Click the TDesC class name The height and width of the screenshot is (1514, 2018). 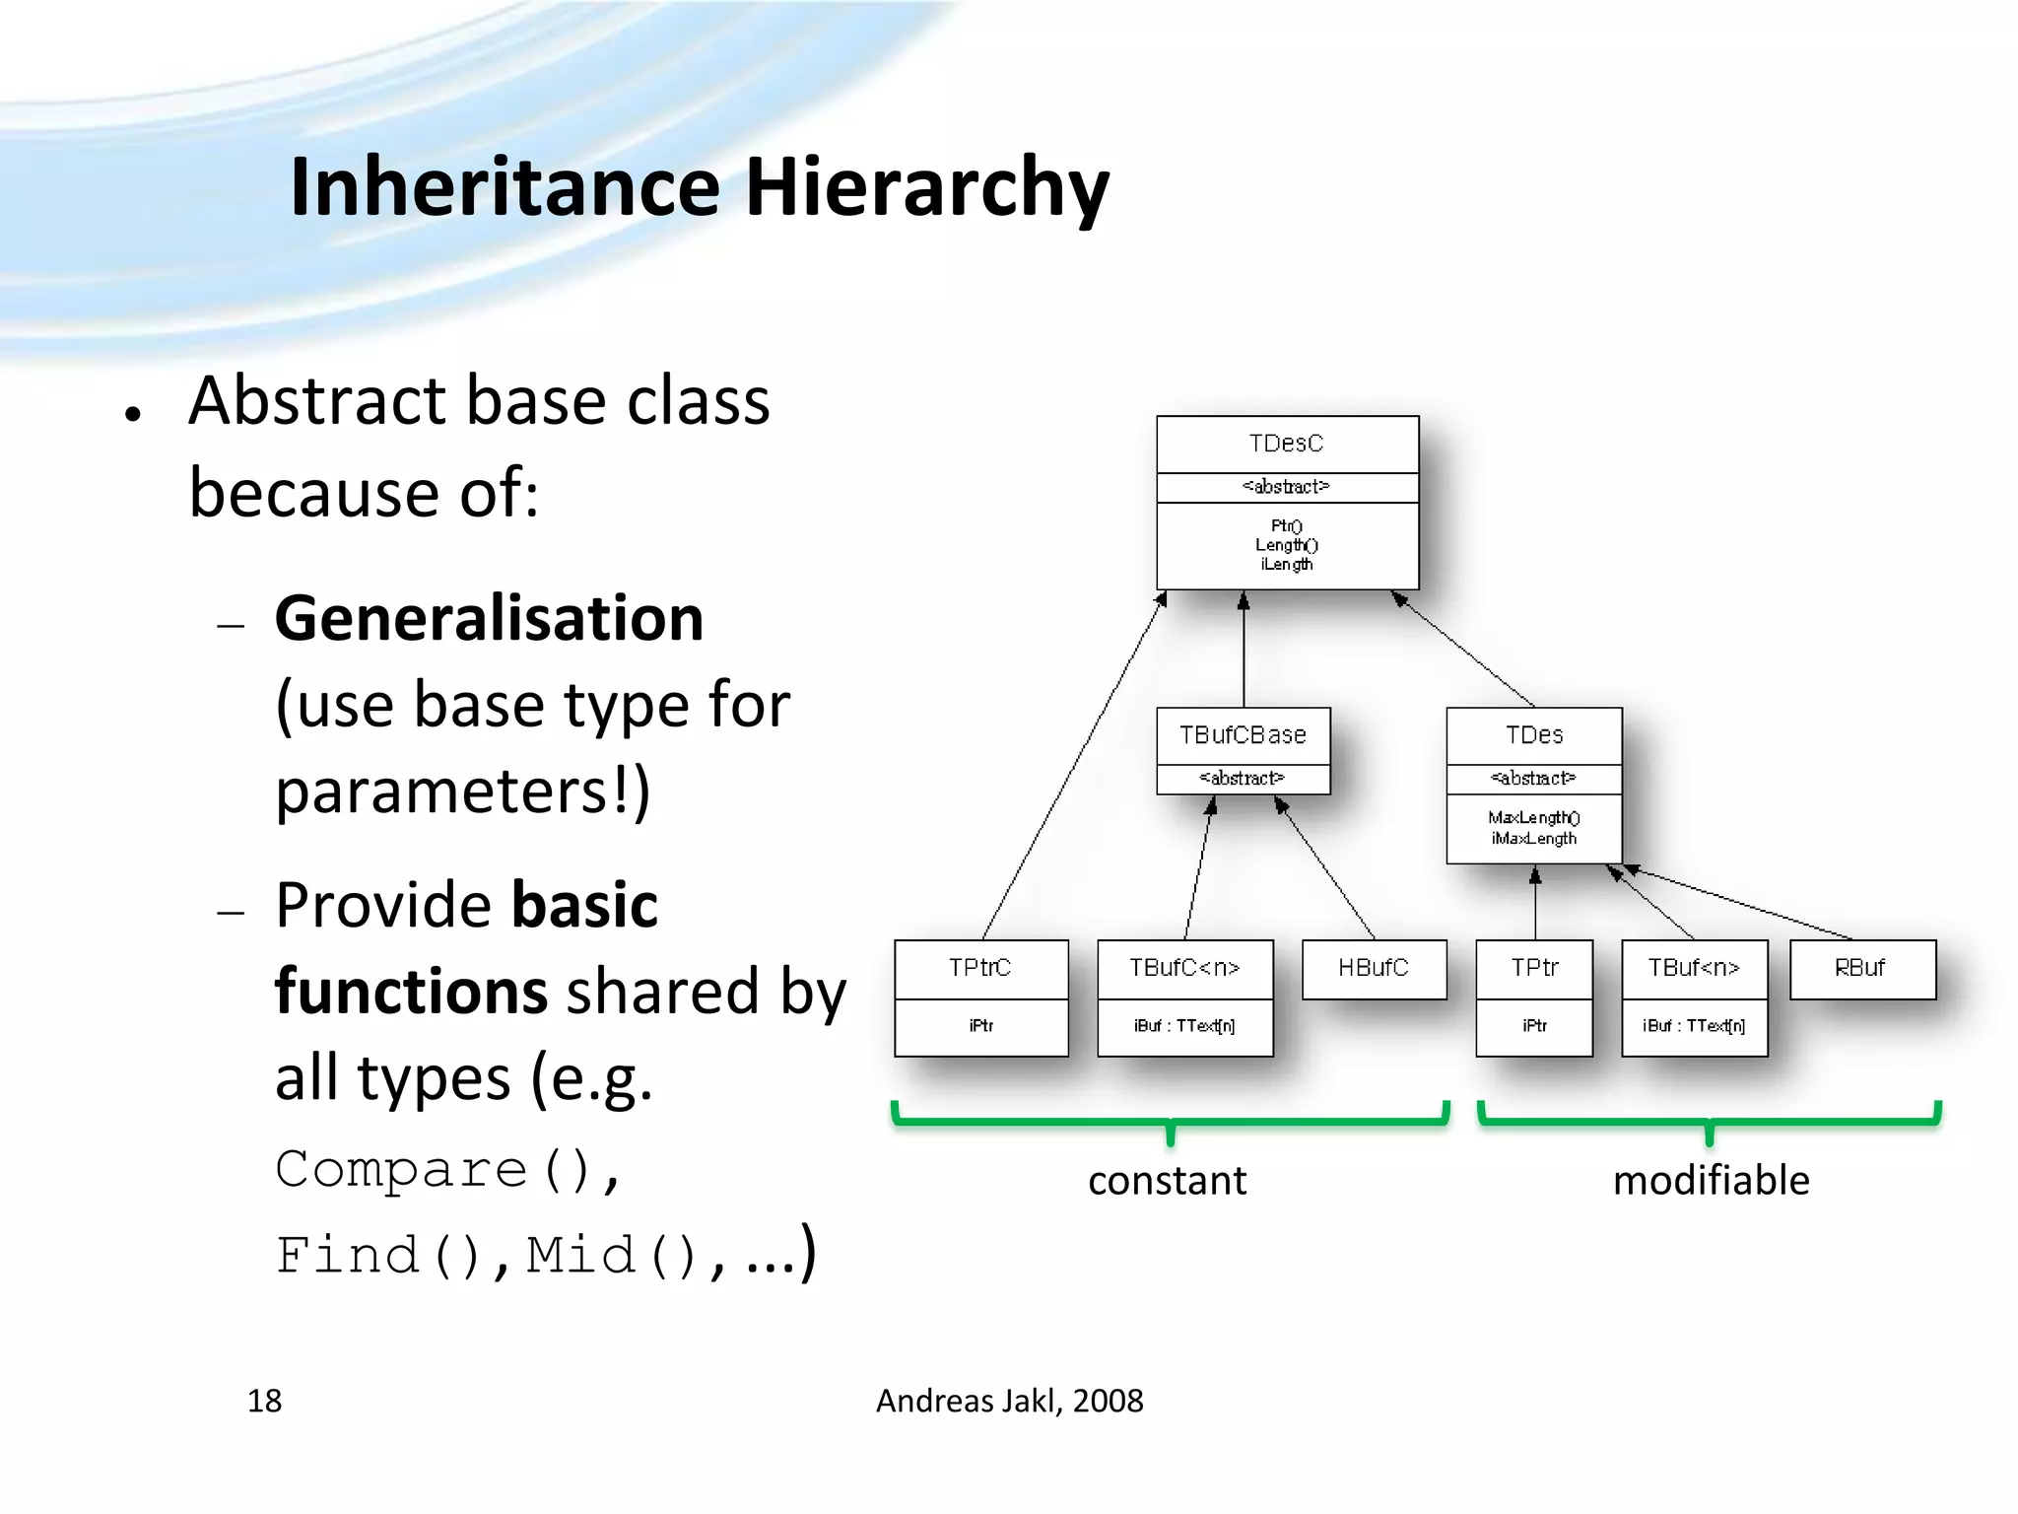tap(1286, 444)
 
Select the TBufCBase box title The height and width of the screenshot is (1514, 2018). tap(1243, 735)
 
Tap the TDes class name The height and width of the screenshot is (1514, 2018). tap(1534, 735)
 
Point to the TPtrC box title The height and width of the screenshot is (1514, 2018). tap(980, 968)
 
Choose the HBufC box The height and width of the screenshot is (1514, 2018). tap(1374, 968)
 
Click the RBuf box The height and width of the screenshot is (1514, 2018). tap(1861, 968)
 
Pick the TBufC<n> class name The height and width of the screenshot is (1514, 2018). tap(1184, 968)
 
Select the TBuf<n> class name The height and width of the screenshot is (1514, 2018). tap(1694, 968)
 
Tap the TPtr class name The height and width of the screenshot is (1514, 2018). tap(1534, 968)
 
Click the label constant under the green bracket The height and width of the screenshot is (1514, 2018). tap(1167, 1180)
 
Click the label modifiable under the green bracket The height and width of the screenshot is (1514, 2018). tap(1711, 1180)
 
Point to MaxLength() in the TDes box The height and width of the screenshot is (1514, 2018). tap(1534, 817)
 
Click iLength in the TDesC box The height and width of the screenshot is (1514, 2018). tap(1287, 565)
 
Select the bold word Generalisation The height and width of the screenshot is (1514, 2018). tap(490, 619)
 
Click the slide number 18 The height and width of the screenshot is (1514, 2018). tap(264, 1401)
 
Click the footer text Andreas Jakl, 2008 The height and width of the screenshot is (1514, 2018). tap(1009, 1401)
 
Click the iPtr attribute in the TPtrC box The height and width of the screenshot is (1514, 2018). tap(980, 1026)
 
